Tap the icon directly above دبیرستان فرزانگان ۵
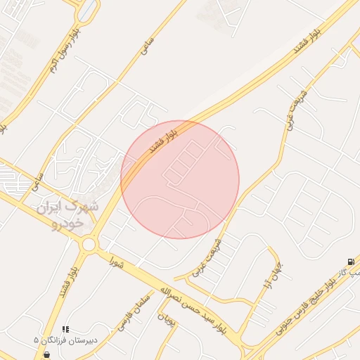(x=65, y=329)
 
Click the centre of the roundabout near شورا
(x=89, y=245)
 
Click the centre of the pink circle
(x=180, y=179)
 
